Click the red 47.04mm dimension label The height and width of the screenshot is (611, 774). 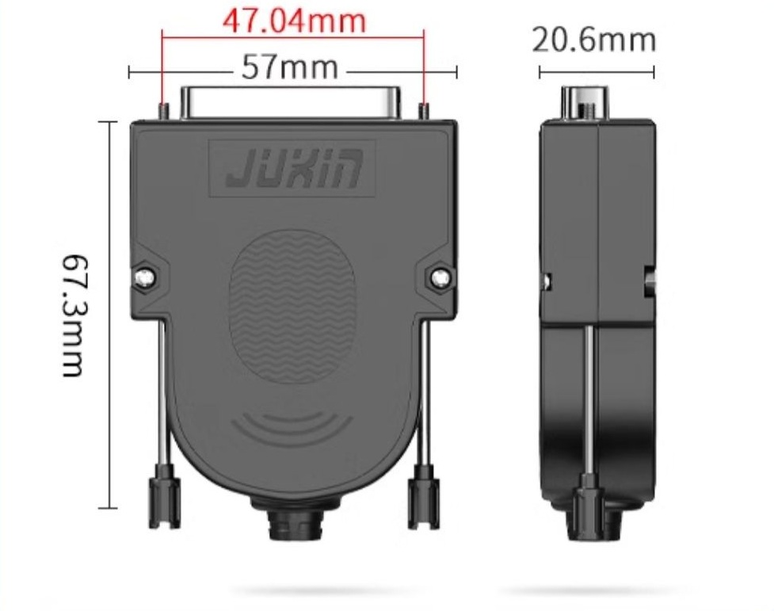(x=295, y=21)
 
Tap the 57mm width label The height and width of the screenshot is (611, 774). (x=290, y=67)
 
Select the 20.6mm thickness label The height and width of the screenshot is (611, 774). (x=594, y=40)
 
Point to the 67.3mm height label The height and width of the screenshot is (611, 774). (x=75, y=315)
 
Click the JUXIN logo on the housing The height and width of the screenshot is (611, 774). (x=294, y=169)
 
